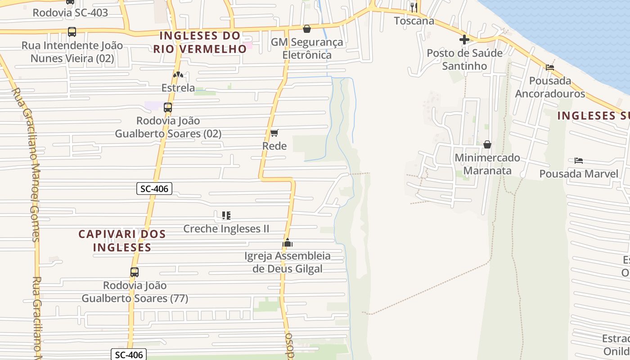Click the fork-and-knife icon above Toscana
click(x=414, y=7)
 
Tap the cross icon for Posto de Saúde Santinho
click(x=464, y=40)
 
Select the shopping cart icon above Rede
click(x=274, y=133)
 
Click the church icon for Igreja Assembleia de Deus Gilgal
click(x=287, y=243)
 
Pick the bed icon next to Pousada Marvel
click(x=579, y=160)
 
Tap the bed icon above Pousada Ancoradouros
click(x=549, y=67)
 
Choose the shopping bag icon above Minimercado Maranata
click(x=487, y=144)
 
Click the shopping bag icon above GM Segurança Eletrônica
click(x=307, y=29)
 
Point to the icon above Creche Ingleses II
click(x=226, y=216)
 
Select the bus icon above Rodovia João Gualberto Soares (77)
click(x=134, y=272)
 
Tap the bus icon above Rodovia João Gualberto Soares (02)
click(x=168, y=107)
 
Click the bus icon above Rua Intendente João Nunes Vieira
click(x=72, y=32)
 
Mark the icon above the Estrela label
click(x=178, y=75)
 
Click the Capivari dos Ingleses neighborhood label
click(x=122, y=241)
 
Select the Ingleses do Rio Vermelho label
click(x=200, y=42)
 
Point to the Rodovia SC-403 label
click(x=70, y=13)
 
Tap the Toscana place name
click(x=414, y=21)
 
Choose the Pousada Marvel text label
click(x=579, y=174)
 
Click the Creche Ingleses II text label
click(x=226, y=229)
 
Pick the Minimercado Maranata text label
click(x=487, y=164)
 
